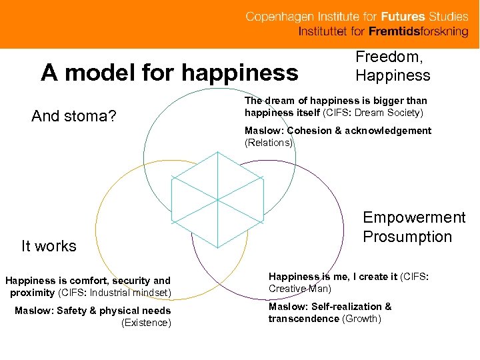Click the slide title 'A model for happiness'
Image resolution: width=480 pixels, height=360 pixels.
click(x=169, y=72)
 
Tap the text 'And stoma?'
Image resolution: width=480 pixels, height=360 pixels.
click(x=74, y=117)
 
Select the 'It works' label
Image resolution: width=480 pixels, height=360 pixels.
click(x=49, y=246)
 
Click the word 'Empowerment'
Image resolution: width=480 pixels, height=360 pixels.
click(x=414, y=217)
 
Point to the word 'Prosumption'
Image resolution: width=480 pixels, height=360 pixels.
click(x=407, y=237)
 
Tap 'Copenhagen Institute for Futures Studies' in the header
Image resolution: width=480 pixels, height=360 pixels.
click(x=357, y=17)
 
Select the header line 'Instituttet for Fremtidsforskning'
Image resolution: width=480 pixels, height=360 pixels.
click(x=383, y=32)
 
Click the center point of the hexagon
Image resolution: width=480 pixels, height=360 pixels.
click(x=217, y=199)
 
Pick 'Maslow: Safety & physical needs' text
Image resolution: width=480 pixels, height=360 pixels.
click(x=93, y=311)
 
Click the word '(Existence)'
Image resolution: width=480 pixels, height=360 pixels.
click(x=146, y=323)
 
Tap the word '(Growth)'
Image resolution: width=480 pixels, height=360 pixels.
click(x=361, y=319)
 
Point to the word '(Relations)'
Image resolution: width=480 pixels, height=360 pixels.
click(x=269, y=142)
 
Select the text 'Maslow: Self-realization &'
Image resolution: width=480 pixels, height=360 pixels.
click(x=330, y=307)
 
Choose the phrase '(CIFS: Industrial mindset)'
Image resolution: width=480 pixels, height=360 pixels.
click(x=115, y=293)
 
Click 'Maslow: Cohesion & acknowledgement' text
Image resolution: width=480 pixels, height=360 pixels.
click(x=338, y=131)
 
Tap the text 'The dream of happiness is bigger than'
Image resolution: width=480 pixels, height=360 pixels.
click(x=335, y=101)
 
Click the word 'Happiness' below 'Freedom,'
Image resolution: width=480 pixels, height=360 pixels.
click(x=393, y=75)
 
